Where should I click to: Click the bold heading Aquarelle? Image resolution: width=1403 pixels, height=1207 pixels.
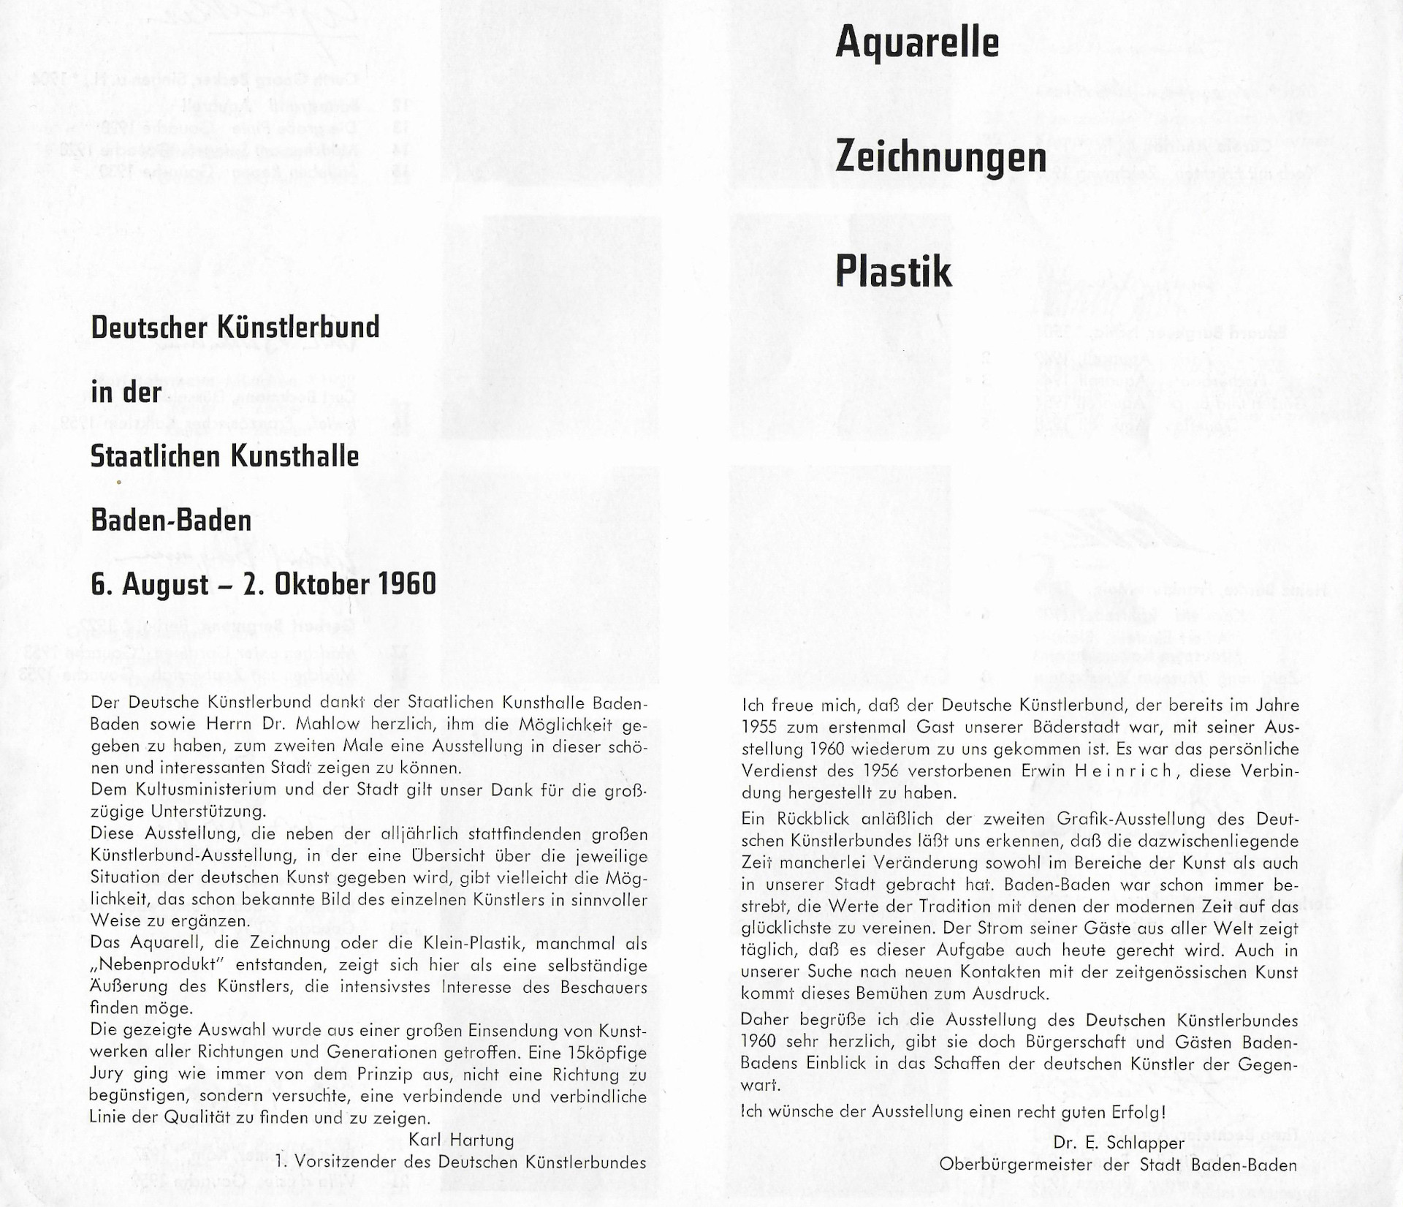pos(916,42)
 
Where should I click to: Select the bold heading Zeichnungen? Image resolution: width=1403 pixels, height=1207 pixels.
pos(940,157)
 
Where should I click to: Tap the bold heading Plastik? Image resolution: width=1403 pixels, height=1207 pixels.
pos(893,272)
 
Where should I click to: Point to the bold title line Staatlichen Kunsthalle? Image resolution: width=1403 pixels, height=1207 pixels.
pos(224,456)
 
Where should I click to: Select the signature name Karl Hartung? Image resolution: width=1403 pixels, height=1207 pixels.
pos(461,1140)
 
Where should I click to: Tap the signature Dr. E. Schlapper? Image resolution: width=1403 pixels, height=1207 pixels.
pos(1119,1142)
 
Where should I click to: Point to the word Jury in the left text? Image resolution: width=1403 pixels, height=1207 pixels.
pos(106,1075)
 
